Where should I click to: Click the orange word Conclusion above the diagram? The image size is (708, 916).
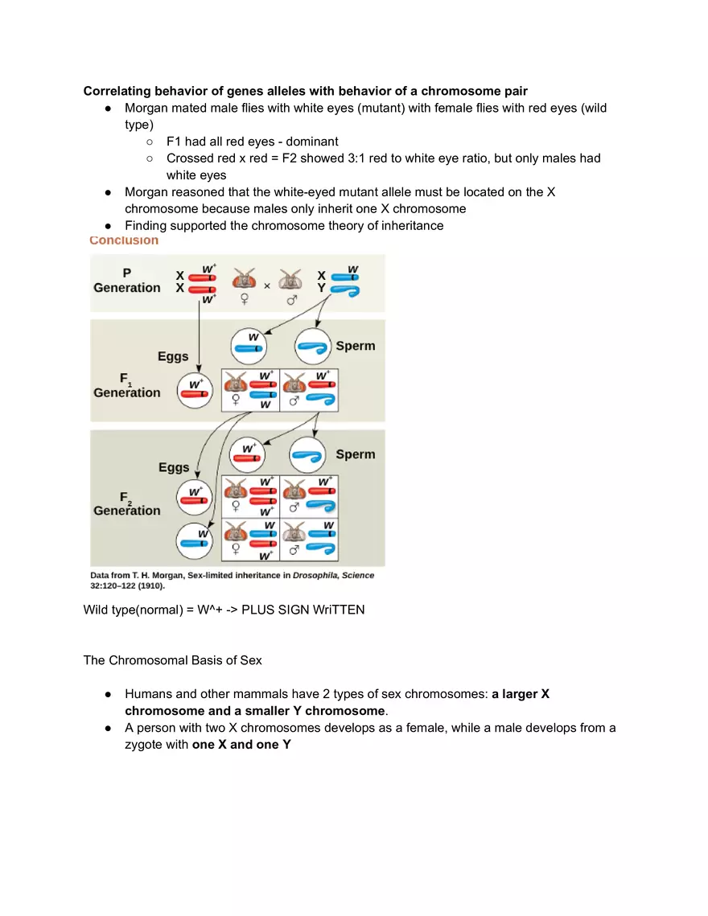(x=124, y=240)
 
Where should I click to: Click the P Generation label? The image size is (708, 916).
(x=127, y=281)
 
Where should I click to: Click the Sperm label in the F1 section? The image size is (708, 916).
(x=355, y=346)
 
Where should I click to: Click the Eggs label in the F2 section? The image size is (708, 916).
(x=174, y=467)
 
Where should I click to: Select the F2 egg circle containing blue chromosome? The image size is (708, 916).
(x=196, y=541)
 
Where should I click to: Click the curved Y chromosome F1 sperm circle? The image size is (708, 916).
(x=313, y=347)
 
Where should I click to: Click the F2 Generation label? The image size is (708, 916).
(x=127, y=503)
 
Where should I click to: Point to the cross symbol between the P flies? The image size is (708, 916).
(x=267, y=285)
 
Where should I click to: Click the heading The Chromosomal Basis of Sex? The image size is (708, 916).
(x=172, y=660)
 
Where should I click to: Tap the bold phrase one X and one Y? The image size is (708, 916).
(x=241, y=745)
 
